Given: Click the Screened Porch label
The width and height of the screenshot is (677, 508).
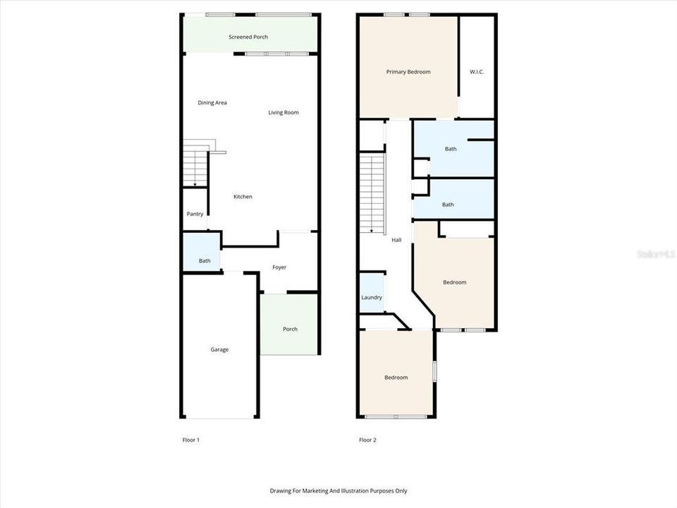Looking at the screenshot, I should point(248,37).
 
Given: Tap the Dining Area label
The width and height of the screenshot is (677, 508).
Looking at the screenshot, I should point(212,103).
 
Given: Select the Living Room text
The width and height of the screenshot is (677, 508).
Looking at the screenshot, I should point(283,112).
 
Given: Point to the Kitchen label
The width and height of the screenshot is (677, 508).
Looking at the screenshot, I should point(243,197).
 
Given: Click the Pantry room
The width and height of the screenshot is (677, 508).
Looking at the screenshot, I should point(195,214).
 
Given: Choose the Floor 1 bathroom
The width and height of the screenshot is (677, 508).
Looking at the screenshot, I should point(204,261).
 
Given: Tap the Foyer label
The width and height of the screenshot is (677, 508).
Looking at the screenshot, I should point(279,267).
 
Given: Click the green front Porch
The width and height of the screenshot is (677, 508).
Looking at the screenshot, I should point(290,329).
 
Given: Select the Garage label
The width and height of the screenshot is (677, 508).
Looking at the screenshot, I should point(219,349).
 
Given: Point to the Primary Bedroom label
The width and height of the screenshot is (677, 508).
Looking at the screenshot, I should point(408,72).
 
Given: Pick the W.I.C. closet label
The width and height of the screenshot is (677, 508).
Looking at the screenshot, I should point(477,72).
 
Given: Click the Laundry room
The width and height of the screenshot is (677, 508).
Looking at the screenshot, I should point(372,297).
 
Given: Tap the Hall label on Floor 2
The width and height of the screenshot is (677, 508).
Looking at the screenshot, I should point(396,240).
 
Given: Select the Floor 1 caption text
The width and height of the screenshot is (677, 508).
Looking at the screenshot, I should point(191,440).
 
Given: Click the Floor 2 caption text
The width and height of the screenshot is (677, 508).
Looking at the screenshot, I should point(367,440).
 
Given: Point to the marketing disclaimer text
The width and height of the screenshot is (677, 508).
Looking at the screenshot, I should point(338,490).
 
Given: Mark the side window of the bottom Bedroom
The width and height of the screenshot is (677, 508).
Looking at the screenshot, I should point(434,371).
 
